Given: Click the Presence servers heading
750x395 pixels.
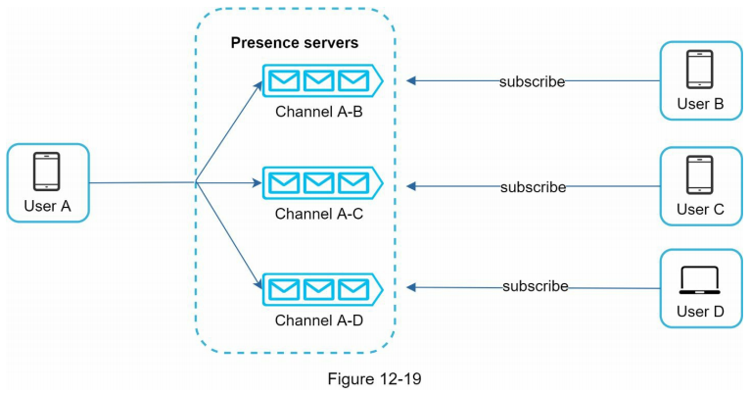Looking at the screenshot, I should point(294,43).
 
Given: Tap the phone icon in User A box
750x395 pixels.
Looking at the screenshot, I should point(47,172).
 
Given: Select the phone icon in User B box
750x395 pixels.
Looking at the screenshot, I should point(699,71).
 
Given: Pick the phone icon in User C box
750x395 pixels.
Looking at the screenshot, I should point(699,175).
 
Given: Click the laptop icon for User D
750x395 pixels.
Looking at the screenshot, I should point(699,279).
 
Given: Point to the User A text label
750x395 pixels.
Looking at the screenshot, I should point(47,207).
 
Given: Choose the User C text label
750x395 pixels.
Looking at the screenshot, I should point(699,210).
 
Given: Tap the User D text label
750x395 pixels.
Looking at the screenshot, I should point(699,313).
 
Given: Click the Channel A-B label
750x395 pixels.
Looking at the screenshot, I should point(319,111).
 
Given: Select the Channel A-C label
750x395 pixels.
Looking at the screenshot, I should point(319,213).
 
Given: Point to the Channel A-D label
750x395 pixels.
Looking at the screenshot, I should point(319,320).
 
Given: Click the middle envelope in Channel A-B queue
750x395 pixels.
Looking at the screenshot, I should point(318,79).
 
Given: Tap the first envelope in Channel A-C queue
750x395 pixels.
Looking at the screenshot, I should point(284,182).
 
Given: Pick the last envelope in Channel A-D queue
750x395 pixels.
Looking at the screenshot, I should point(352,288).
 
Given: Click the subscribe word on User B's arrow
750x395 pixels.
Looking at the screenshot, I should point(533,81).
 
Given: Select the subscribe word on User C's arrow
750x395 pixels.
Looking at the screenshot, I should point(533,186).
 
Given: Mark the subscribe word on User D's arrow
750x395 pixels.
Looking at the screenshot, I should point(535,286).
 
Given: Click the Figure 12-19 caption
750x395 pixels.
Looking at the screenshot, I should point(376,376).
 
